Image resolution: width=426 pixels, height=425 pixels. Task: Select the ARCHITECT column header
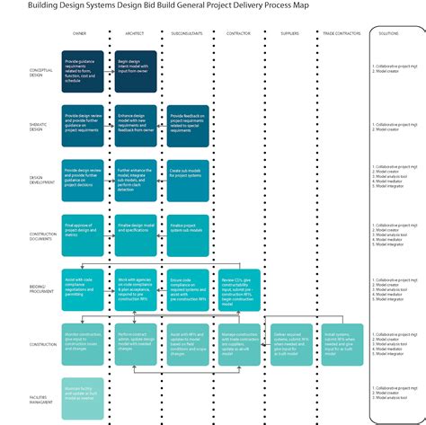click(134, 33)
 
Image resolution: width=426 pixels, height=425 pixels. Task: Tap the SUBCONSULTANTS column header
click(186, 33)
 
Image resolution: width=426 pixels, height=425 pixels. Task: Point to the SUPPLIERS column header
click(290, 33)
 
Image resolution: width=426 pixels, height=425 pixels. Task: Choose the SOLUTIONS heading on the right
click(389, 33)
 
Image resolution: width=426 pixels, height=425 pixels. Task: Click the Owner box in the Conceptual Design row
click(84, 72)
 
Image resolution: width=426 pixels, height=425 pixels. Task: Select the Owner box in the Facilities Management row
click(84, 392)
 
